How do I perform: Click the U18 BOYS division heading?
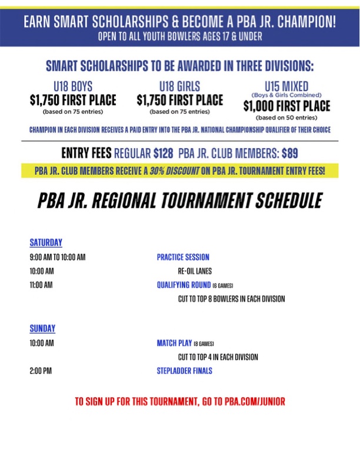point(73,86)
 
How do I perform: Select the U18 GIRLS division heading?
point(180,86)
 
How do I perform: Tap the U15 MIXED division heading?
point(287,86)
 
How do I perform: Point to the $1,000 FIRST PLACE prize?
point(287,106)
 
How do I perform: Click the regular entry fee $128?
point(163,154)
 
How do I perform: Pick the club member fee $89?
point(289,154)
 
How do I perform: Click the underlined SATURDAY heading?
point(46,242)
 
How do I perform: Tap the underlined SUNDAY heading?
point(42,328)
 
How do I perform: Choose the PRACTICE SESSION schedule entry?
point(183,257)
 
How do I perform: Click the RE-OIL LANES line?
point(195,271)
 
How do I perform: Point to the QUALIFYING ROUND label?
point(182,285)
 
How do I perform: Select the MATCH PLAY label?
point(174,343)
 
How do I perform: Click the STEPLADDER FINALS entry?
point(184,371)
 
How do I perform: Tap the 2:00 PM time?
point(41,371)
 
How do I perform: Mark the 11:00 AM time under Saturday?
point(41,285)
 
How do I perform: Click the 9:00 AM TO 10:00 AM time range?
point(58,257)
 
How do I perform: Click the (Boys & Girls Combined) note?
point(286,95)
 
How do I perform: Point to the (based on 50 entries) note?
point(286,118)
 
